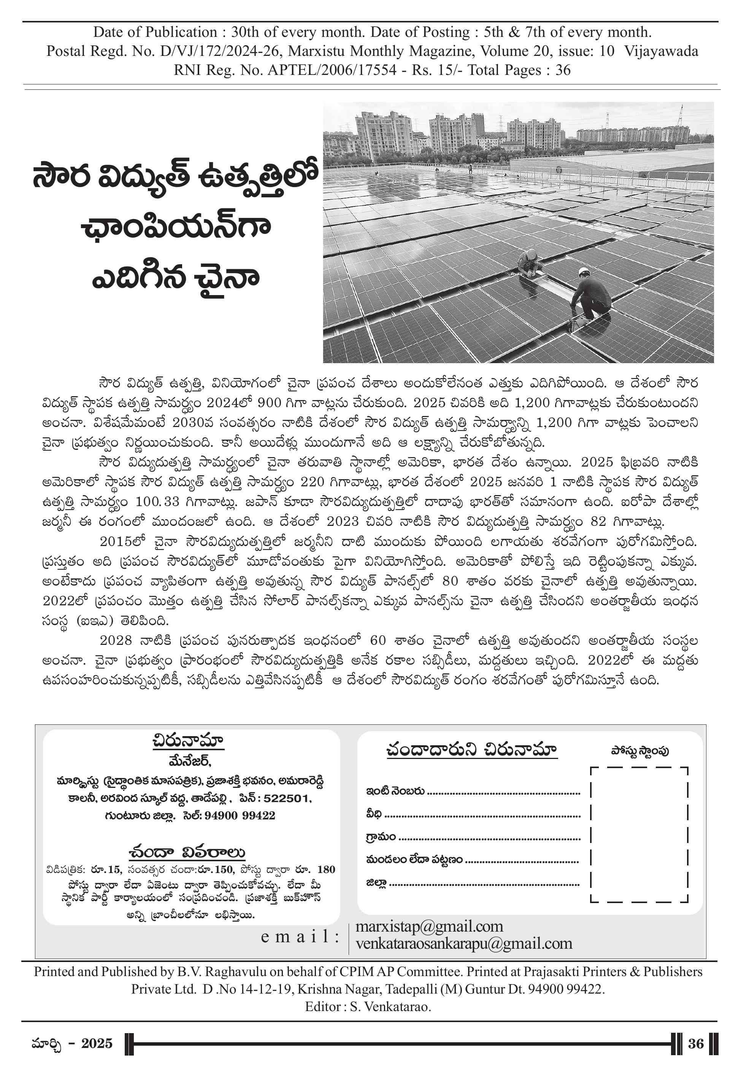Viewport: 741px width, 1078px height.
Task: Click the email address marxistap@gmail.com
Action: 429,927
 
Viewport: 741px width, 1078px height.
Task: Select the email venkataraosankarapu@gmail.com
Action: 463,944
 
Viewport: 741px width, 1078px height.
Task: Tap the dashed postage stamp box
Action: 638,834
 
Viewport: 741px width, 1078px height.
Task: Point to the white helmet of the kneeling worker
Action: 583,271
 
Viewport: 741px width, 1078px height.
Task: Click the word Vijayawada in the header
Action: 661,51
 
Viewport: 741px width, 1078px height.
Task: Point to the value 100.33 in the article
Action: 157,502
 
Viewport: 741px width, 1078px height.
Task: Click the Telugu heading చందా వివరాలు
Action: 187,853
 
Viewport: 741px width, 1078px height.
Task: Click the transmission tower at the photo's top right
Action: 681,115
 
